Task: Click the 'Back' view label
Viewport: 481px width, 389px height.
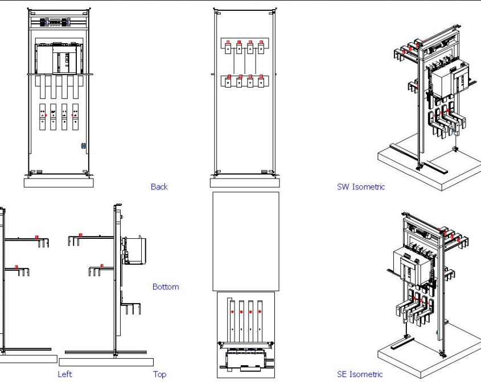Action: (159, 187)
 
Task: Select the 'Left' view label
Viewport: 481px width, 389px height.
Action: (65, 374)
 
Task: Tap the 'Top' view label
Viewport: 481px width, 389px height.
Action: (159, 374)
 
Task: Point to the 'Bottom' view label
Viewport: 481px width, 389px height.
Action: (165, 287)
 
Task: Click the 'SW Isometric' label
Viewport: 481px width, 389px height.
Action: (360, 187)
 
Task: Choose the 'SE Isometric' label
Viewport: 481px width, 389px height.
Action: (360, 374)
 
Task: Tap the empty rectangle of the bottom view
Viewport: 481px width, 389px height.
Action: (245, 241)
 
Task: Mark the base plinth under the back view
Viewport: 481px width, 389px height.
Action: (245, 183)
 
